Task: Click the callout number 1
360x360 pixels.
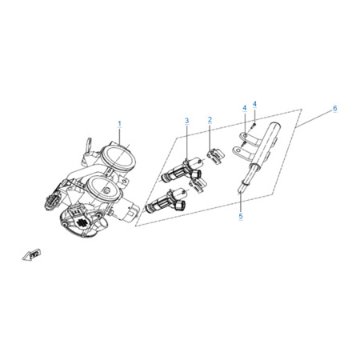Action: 119,124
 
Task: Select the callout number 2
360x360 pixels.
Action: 210,120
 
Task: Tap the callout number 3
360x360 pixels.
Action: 187,121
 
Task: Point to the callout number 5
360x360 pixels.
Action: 241,216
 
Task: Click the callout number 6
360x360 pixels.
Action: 335,108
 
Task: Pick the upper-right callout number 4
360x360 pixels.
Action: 254,104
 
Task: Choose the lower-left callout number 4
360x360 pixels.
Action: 245,108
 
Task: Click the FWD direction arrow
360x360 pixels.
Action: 31,254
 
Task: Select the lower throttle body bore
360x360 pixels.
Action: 104,190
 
